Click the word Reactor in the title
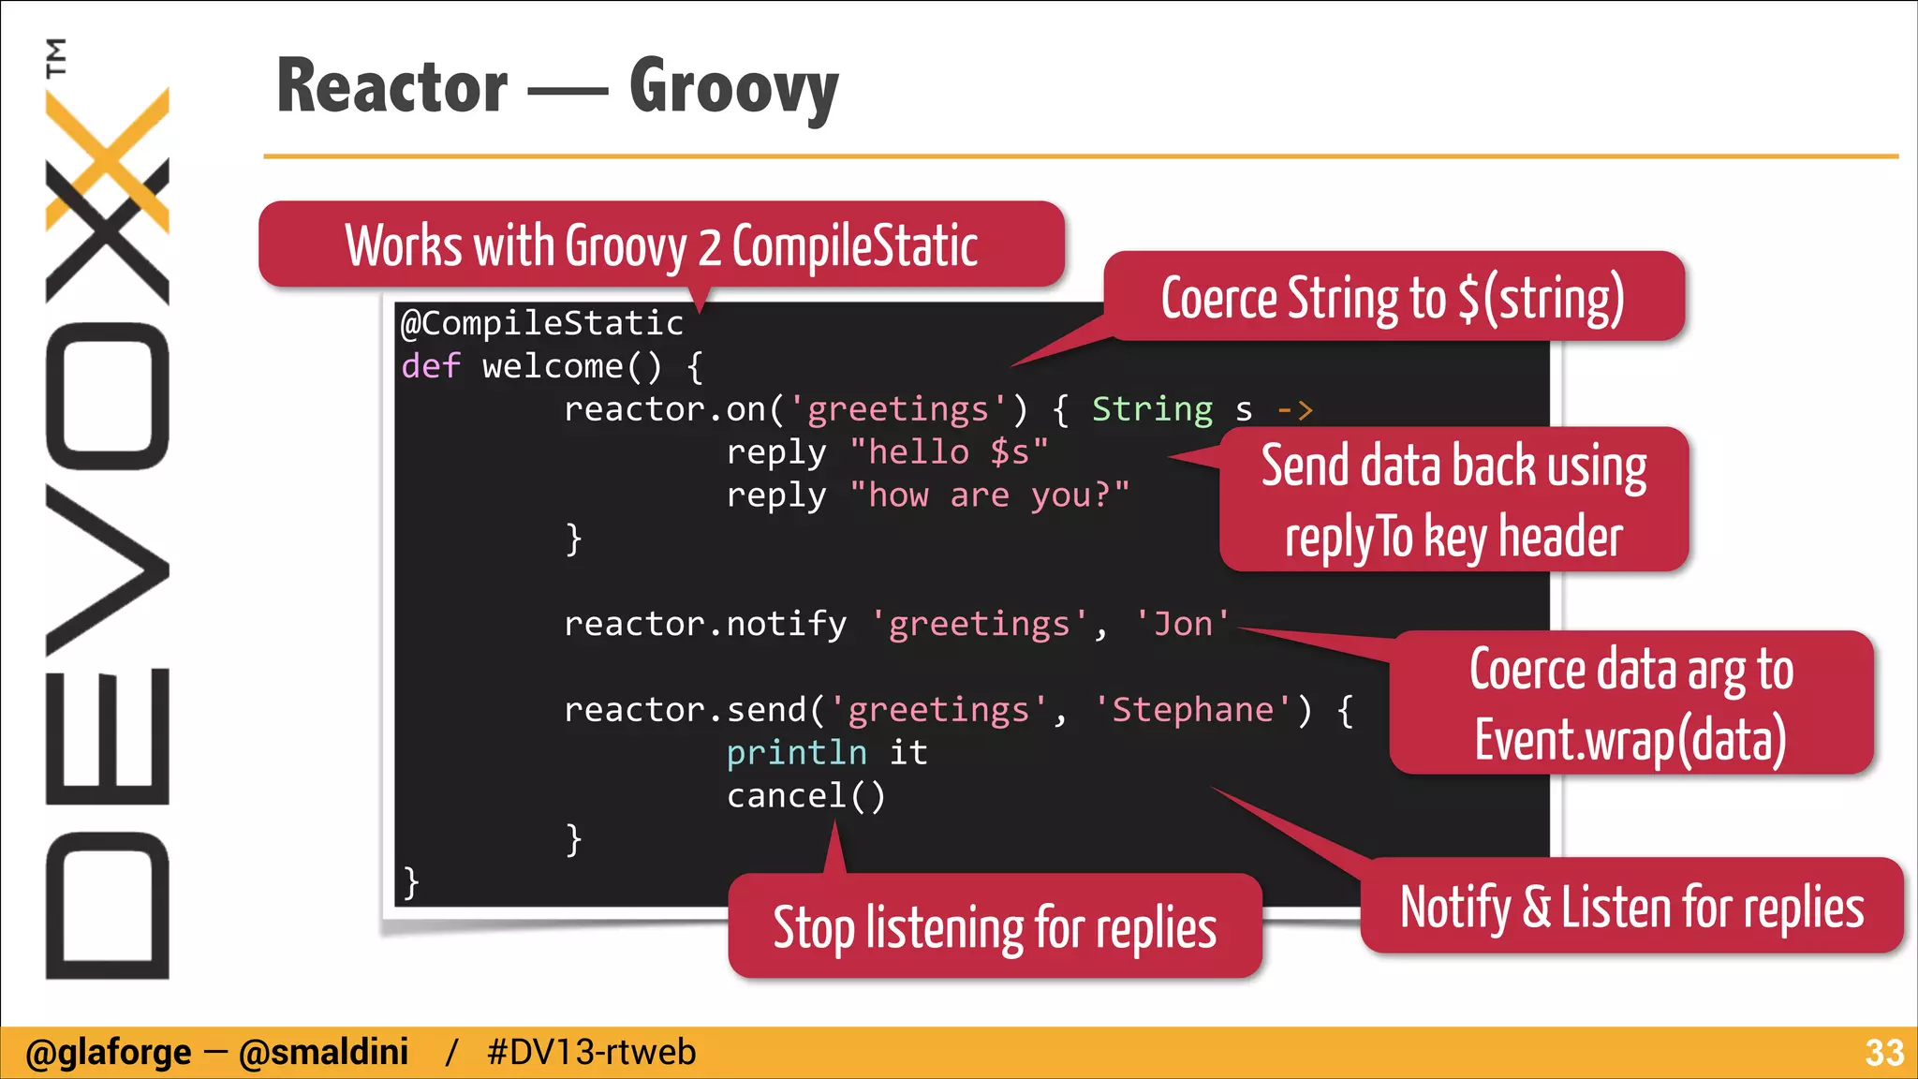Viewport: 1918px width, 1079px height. [x=391, y=87]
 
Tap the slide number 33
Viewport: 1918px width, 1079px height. [x=1883, y=1053]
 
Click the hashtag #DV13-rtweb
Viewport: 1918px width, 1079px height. [x=591, y=1053]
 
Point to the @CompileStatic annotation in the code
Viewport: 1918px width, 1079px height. [x=541, y=323]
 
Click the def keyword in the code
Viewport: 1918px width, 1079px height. [x=431, y=366]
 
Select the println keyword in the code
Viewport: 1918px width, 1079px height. [x=796, y=753]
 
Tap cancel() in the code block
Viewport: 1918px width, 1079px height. [x=805, y=796]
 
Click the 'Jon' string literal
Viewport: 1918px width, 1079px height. [x=1182, y=624]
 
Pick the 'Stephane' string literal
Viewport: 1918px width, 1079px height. [x=1192, y=710]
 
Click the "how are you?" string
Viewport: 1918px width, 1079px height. [x=990, y=495]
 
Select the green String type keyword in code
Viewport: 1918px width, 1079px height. [x=1152, y=409]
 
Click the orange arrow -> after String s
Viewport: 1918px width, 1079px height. [x=1295, y=410]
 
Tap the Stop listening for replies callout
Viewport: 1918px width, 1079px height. [x=995, y=927]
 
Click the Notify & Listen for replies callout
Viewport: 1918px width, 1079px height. [x=1631, y=907]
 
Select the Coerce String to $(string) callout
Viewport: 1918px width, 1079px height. [x=1393, y=298]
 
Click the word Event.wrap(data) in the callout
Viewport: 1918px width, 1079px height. [x=1630, y=740]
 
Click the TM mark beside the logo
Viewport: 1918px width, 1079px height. [x=56, y=56]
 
